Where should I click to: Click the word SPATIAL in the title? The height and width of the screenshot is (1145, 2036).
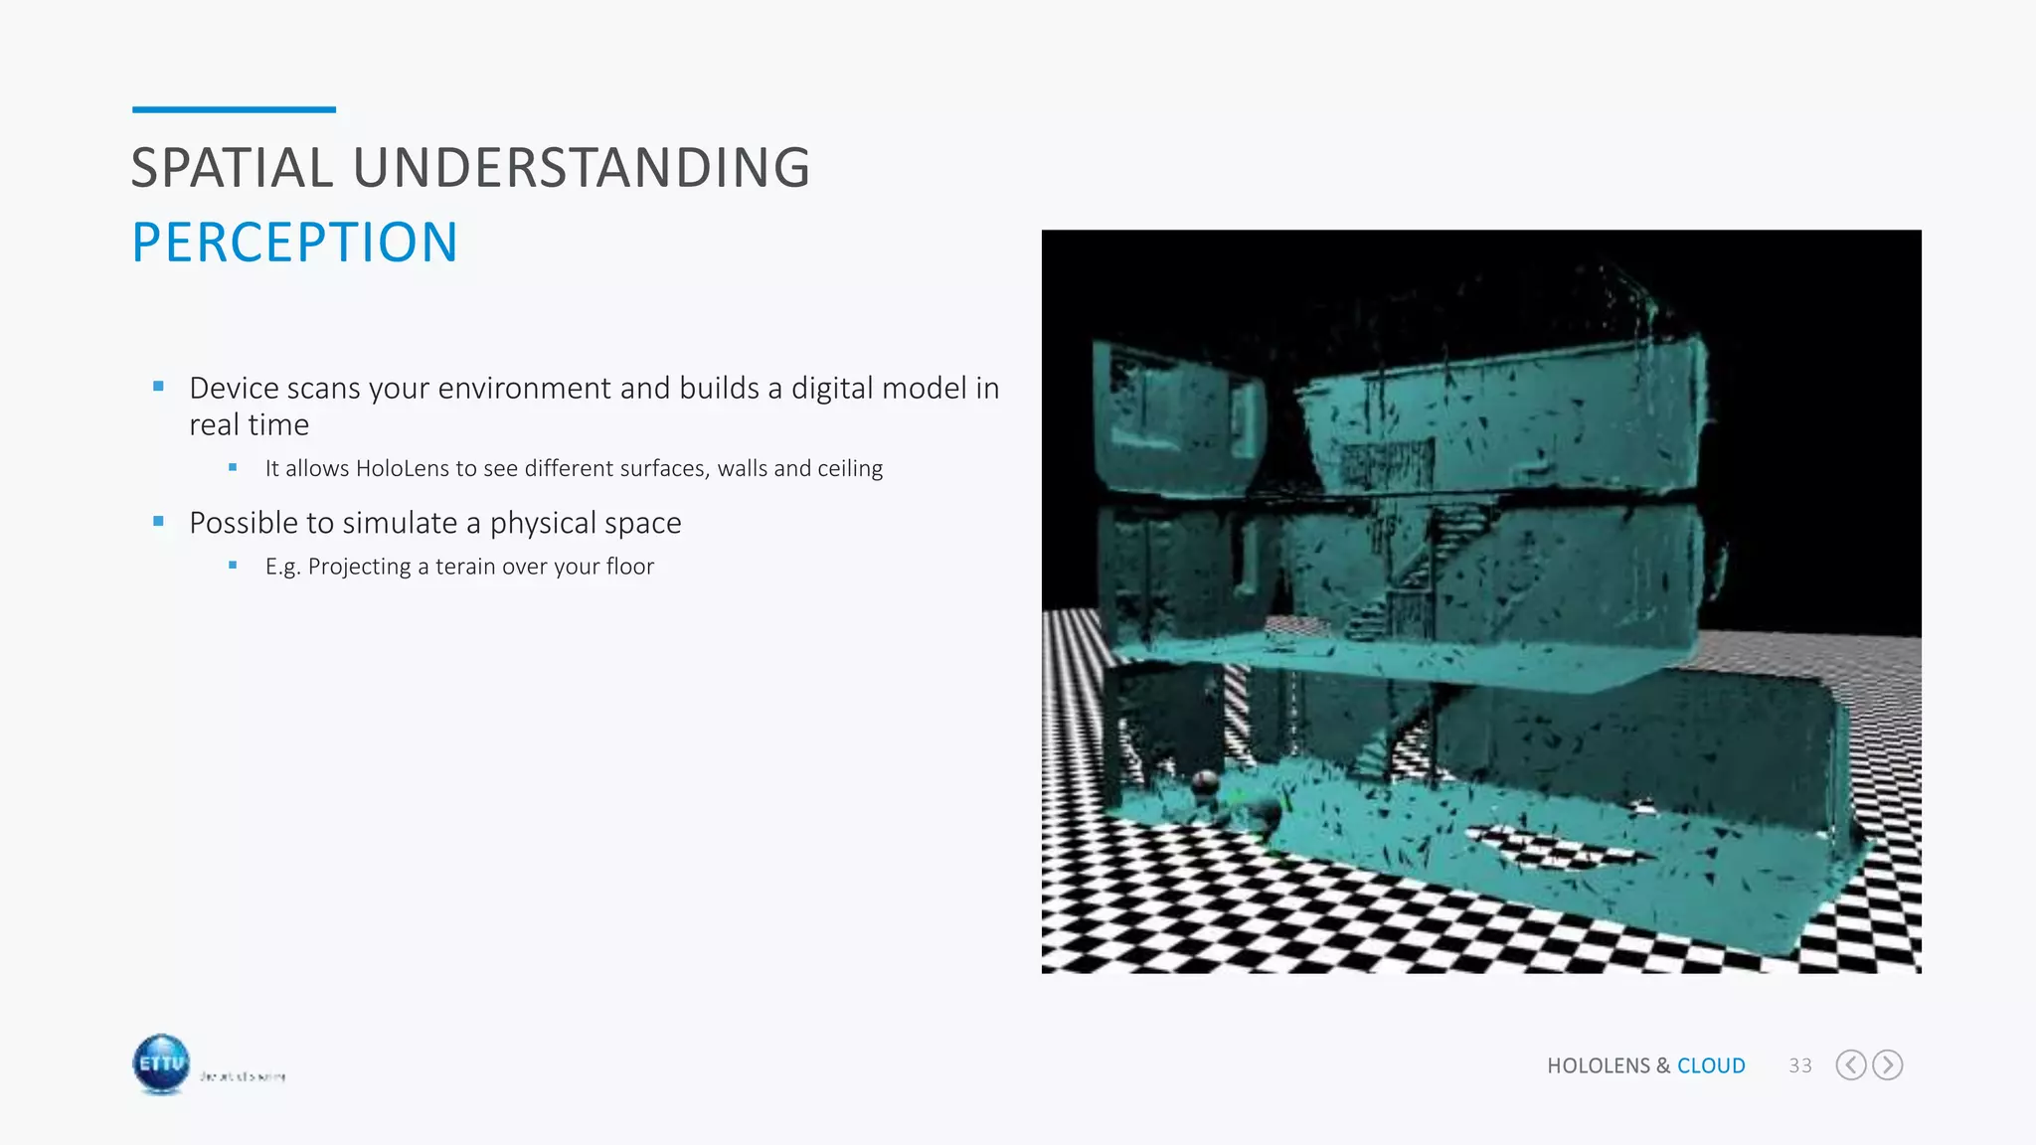point(232,168)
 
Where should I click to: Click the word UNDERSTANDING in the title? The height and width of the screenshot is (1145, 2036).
point(582,168)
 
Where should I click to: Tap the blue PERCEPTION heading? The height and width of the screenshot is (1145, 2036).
point(294,243)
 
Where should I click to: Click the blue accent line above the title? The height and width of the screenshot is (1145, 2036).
point(234,109)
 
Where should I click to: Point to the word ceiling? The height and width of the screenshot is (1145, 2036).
point(849,468)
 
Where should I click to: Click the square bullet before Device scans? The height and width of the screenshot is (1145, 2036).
point(158,387)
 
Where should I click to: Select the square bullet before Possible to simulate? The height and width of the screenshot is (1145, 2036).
point(158,521)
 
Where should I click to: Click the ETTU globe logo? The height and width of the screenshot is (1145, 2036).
point(161,1064)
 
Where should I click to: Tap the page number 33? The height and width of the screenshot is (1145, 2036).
point(1799,1065)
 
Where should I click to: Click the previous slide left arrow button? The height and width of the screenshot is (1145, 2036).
point(1850,1065)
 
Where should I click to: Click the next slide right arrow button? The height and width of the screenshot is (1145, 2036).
point(1887,1065)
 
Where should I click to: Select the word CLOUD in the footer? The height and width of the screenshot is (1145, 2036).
point(1711,1065)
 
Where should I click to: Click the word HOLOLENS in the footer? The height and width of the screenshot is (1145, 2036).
point(1599,1065)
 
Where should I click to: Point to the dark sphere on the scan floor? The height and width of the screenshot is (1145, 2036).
point(1205,782)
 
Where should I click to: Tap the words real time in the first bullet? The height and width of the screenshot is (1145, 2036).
point(249,425)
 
